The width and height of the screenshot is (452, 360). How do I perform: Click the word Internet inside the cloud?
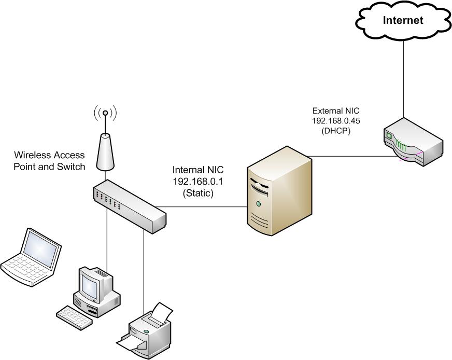coord(403,20)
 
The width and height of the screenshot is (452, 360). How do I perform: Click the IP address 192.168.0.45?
coord(336,121)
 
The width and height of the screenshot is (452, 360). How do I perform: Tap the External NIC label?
coord(336,111)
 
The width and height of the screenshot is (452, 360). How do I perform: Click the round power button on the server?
coord(258,205)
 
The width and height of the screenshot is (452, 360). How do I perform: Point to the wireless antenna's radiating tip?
coord(105,112)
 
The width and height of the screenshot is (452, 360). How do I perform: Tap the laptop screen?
coord(41,250)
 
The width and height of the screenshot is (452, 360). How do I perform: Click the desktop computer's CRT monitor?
coord(92,284)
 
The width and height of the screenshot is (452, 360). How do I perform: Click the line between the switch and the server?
coord(207,207)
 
